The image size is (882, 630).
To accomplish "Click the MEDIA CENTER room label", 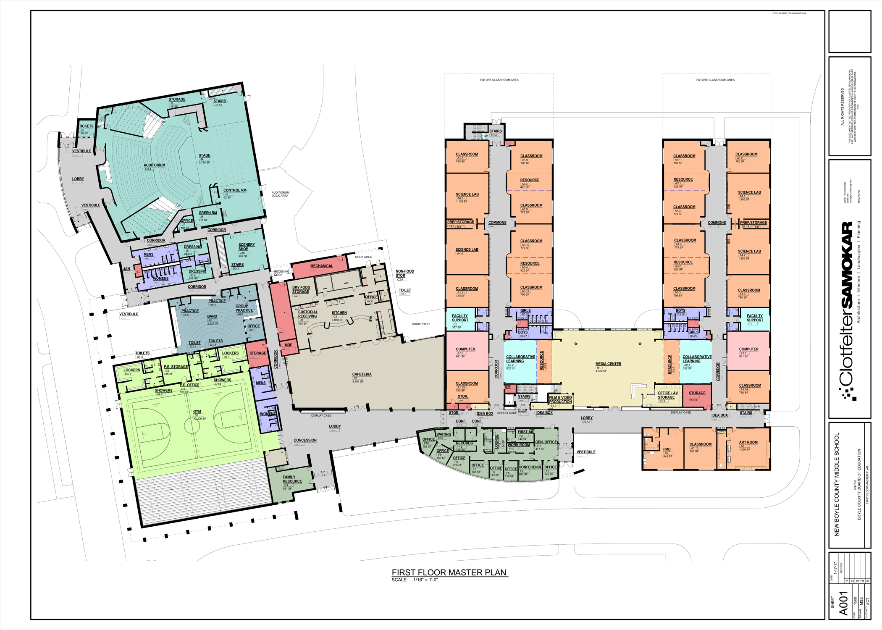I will (608, 364).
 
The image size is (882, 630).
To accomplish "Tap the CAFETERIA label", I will (362, 374).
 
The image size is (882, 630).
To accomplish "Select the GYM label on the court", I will (197, 412).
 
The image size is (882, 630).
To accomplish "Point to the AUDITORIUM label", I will (154, 165).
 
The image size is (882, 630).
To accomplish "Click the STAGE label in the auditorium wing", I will (204, 155).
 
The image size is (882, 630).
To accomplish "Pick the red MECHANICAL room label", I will (321, 266).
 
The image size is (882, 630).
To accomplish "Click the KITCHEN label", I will (339, 312).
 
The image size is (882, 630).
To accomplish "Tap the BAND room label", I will (212, 316).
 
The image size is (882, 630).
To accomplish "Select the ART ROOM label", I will (748, 442).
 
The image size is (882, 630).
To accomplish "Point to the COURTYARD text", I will (420, 324).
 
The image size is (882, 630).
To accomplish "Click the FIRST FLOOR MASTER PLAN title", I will (449, 572).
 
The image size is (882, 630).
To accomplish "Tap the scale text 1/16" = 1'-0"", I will (425, 580).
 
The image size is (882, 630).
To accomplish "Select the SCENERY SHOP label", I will (246, 247).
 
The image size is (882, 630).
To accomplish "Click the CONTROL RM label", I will (235, 190).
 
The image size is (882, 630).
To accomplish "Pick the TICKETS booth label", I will (86, 126).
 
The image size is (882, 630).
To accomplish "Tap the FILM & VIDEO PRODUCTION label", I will (560, 399).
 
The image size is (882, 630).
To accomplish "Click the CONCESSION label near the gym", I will (305, 440).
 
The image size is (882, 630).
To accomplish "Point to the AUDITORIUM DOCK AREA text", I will (280, 194).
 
